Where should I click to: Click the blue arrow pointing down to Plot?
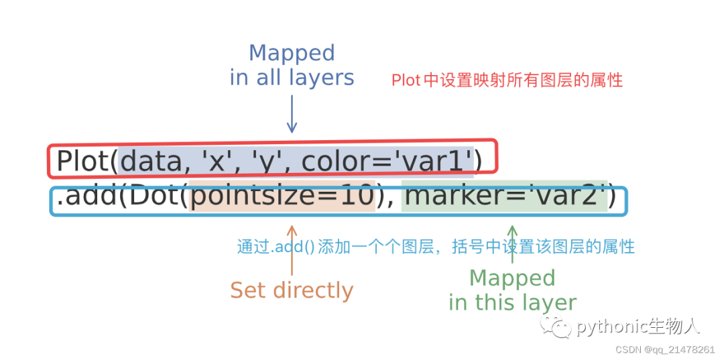coord(292,114)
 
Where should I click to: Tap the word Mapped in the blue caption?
coord(292,53)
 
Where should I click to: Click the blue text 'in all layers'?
coord(292,78)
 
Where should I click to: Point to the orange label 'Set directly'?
coord(292,290)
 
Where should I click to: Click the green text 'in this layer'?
coord(513,302)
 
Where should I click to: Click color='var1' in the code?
coord(387,162)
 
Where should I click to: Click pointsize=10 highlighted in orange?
coord(282,197)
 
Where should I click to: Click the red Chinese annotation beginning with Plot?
coord(507,80)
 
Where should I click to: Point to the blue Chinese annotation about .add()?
coord(436,246)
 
